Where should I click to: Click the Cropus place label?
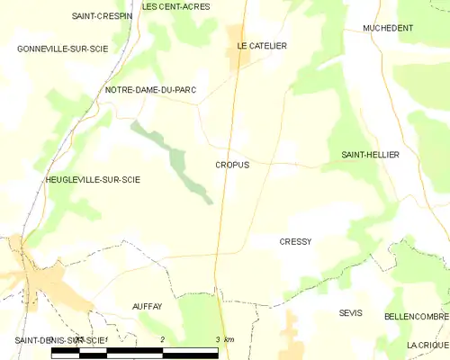click(x=232, y=165)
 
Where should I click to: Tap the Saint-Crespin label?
click(x=103, y=16)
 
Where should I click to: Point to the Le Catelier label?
click(x=262, y=45)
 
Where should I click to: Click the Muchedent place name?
click(x=388, y=28)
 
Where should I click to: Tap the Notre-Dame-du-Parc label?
click(x=150, y=90)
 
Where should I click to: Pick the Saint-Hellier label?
click(x=370, y=155)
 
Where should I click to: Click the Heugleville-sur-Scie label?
click(x=93, y=180)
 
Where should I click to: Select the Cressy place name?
click(x=295, y=241)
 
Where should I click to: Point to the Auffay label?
click(x=147, y=306)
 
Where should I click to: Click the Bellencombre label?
click(x=415, y=318)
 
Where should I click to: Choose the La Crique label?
click(x=427, y=345)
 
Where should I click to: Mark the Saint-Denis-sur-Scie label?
click(x=59, y=339)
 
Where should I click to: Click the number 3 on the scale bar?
click(x=218, y=339)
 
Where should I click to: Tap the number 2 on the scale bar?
click(x=163, y=339)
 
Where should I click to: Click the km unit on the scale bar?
click(x=229, y=339)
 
